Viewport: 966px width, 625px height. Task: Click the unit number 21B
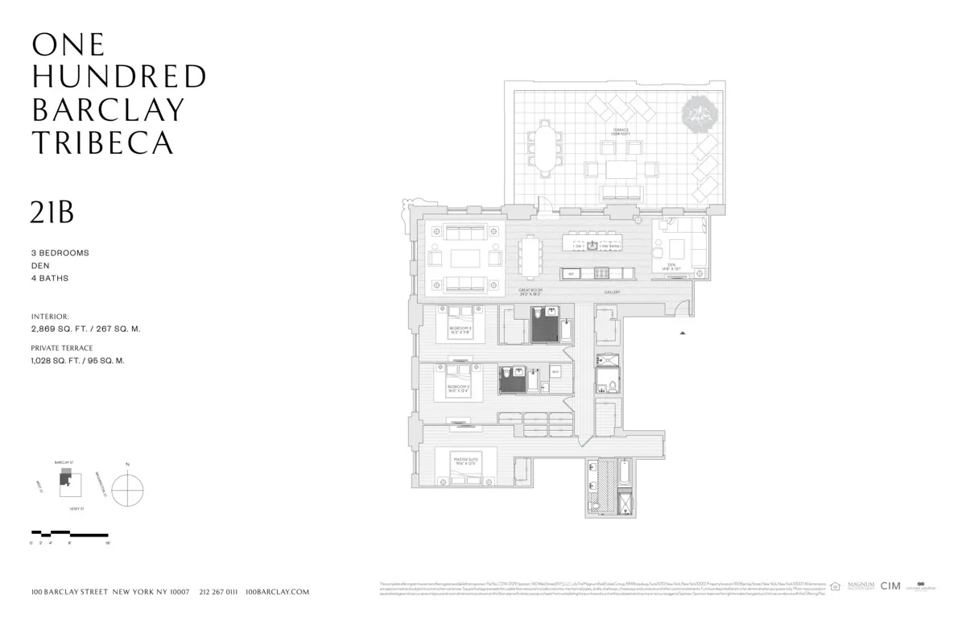[52, 212]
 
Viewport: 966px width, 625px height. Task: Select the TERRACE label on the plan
[621, 131]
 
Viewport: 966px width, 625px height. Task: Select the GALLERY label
[612, 292]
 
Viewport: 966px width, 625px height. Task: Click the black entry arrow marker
[683, 332]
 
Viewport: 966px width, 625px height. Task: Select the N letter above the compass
[127, 466]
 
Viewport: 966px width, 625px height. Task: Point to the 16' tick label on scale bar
[106, 544]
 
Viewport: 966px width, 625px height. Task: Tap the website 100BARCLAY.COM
[277, 592]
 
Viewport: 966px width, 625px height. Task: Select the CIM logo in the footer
[890, 586]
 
